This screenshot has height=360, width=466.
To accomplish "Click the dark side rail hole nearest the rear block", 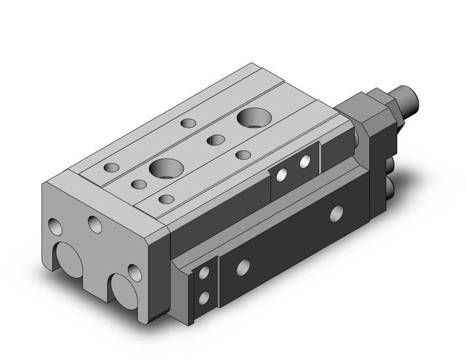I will pos(336,214).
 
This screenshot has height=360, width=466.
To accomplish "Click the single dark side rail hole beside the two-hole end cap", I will pos(243,266).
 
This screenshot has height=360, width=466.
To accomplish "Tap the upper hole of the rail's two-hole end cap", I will pos(204,274).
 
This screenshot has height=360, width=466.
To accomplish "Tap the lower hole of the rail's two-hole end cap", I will pos(204,299).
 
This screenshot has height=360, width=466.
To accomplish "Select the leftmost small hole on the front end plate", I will pos(56,227).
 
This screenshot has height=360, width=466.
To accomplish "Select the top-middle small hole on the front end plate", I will pos(95,224).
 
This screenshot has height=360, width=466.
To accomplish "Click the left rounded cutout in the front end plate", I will pos(66,261).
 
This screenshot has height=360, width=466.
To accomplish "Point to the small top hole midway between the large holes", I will pos(215,140).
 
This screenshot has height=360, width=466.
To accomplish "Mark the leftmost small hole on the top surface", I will pos(112,167).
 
